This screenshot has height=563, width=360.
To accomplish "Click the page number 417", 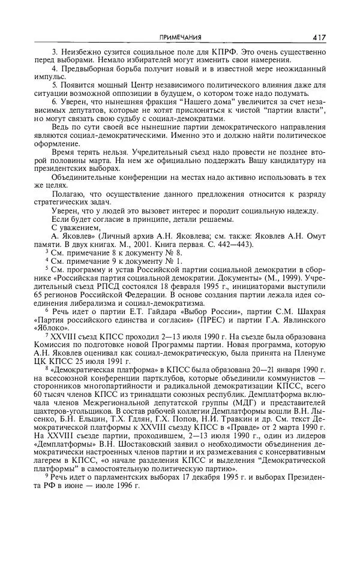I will click(319, 37).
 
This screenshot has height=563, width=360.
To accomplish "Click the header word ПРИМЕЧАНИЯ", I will click(179, 37).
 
